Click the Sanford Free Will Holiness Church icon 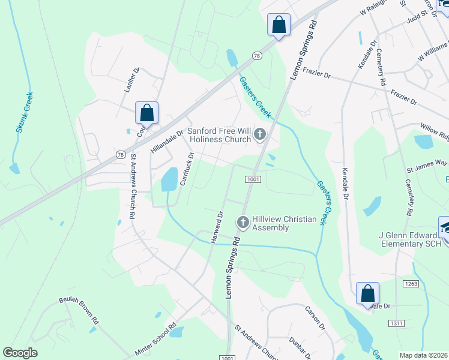tap(260, 135)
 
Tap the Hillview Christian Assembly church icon tap(243, 223)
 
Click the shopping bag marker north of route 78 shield tap(279, 25)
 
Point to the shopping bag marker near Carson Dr tap(367, 294)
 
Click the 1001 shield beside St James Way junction tap(252, 179)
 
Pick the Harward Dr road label tap(217, 227)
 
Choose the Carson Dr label tap(315, 319)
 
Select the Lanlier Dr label tap(131, 80)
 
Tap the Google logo tap(20, 353)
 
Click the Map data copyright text tap(424, 355)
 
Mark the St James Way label tap(427, 164)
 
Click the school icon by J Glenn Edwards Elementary tap(445, 227)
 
